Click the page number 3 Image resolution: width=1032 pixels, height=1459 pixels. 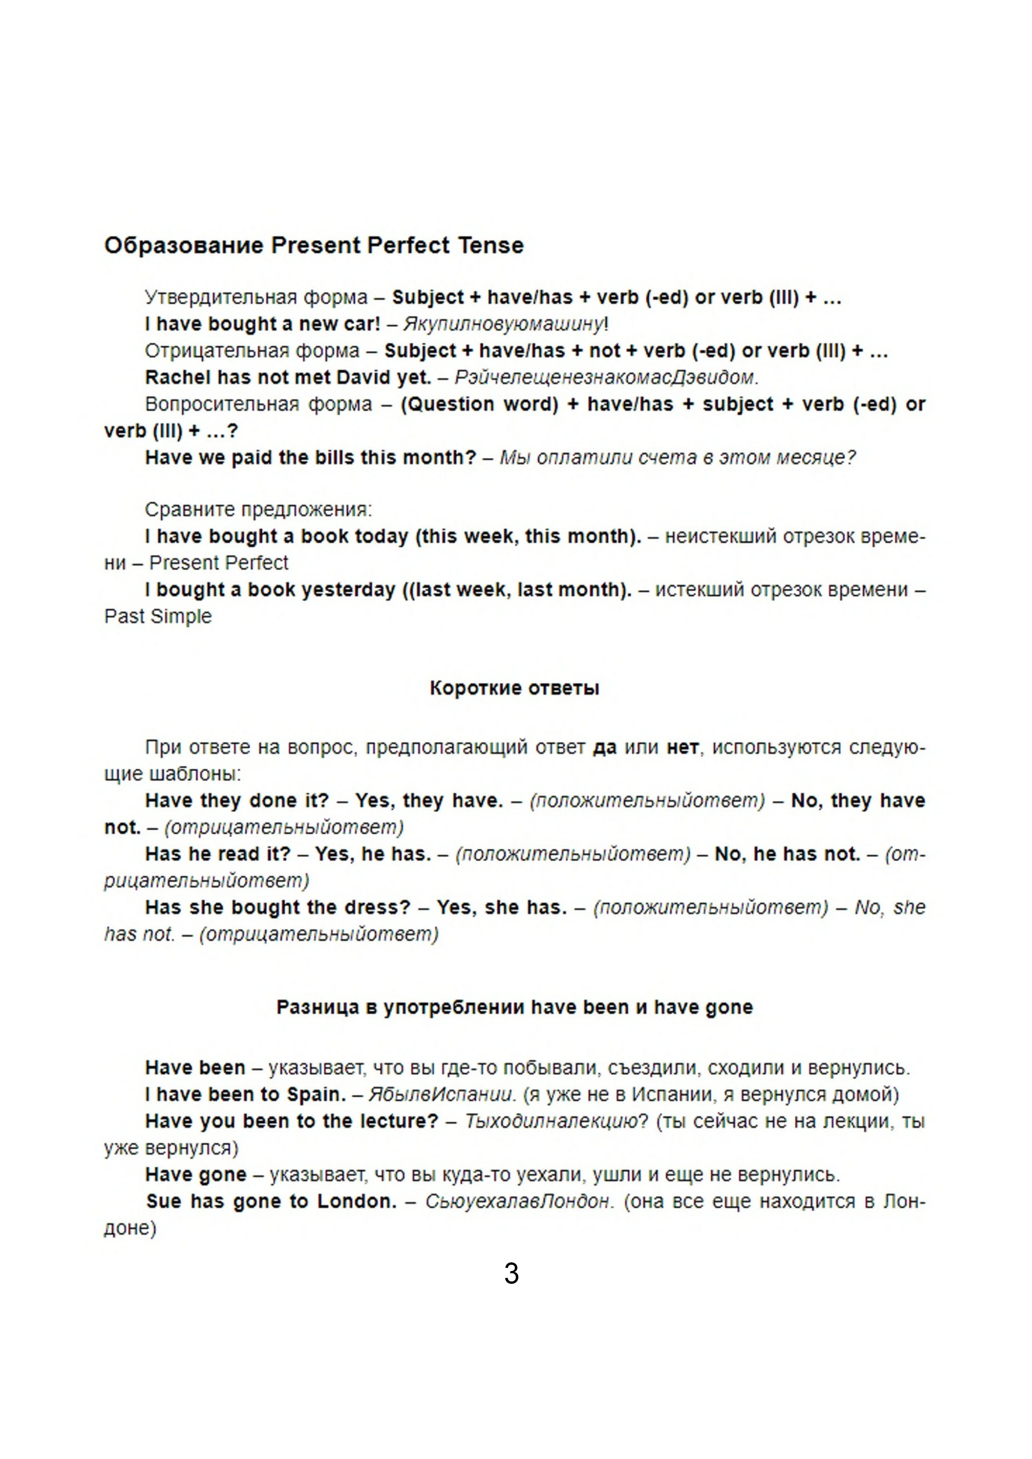[512, 1273]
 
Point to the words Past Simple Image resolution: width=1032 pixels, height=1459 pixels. [158, 616]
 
